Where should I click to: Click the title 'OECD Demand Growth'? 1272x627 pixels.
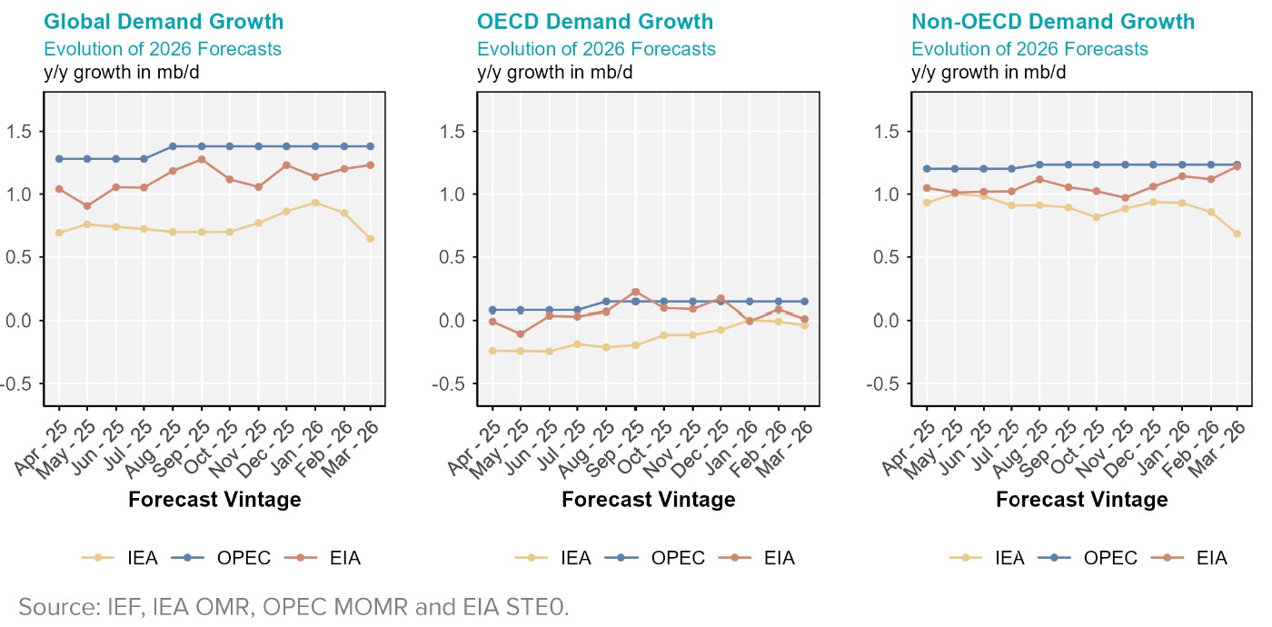click(595, 21)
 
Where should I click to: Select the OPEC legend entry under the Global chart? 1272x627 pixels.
click(230, 558)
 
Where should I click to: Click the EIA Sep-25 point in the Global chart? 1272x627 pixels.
click(201, 159)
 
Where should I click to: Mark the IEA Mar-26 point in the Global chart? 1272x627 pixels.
click(371, 239)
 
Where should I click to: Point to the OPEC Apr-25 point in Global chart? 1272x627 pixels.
click(59, 159)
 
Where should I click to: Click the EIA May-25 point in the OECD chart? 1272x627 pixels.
click(521, 334)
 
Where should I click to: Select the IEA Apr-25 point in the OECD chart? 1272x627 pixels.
click(492, 351)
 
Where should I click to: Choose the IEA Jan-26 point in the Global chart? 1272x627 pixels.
click(314, 203)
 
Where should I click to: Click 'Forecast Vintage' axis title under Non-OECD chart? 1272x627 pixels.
click(1082, 499)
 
